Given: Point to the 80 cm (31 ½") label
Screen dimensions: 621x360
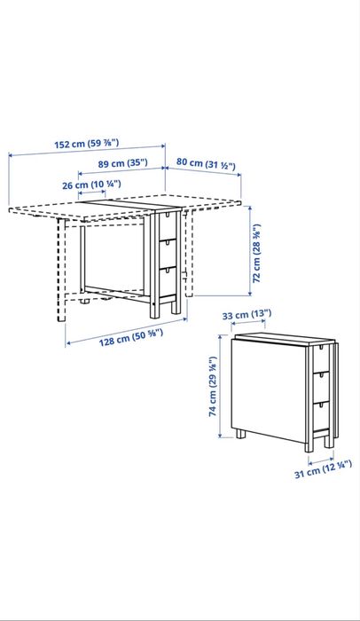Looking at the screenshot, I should click(x=204, y=162).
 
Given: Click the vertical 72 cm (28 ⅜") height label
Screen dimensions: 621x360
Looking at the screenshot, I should click(x=257, y=253).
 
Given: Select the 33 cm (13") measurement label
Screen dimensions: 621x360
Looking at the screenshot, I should click(x=245, y=314).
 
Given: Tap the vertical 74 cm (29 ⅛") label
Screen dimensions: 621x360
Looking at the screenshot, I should click(x=212, y=387).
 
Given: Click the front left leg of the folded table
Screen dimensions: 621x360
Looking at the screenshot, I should click(x=241, y=436).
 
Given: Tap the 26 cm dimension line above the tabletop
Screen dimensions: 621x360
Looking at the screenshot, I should click(x=91, y=193).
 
